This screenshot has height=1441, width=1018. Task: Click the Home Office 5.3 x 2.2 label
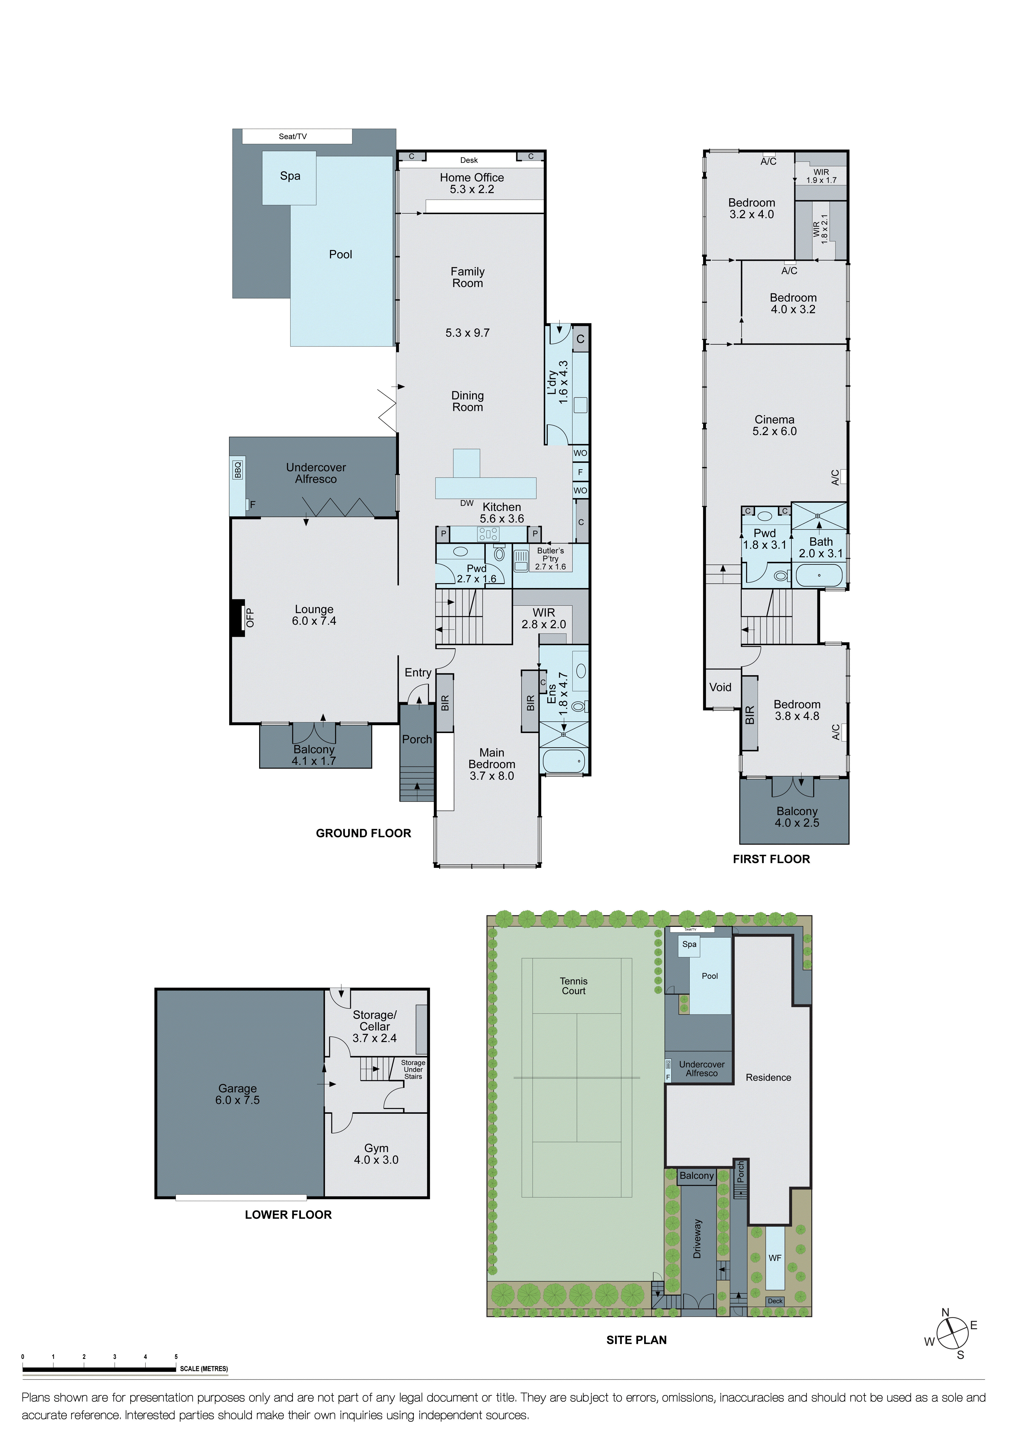[472, 183]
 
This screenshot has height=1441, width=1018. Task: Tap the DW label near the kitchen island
[467, 503]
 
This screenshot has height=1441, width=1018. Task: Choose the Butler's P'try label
[550, 559]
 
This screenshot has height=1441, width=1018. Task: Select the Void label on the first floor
[720, 687]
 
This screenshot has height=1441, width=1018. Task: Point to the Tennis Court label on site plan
[573, 986]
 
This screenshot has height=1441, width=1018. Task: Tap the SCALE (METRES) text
[204, 1369]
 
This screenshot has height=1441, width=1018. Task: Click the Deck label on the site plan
[775, 1301]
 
